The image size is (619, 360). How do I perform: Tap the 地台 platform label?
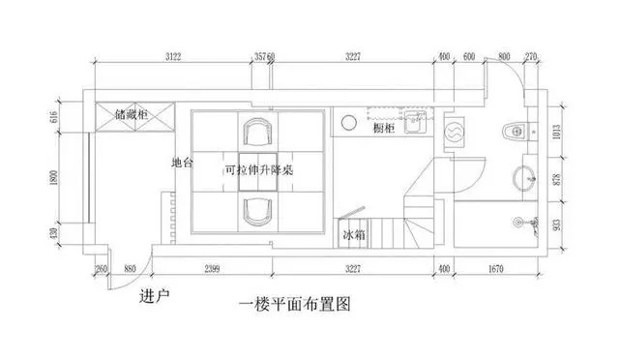pos(181,164)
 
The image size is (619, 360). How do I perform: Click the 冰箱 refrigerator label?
pos(354,235)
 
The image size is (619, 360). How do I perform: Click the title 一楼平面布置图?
pos(292,304)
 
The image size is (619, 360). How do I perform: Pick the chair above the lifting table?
pos(257,131)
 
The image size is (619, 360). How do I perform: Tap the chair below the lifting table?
pos(257,207)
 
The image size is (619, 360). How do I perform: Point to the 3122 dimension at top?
pos(175,58)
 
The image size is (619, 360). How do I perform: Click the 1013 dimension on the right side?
pos(556,132)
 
